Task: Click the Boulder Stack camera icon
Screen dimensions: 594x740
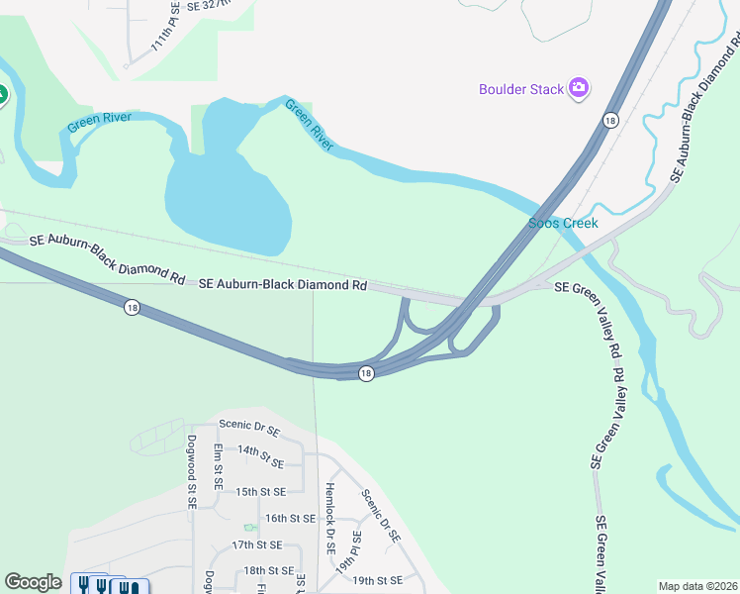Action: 579,89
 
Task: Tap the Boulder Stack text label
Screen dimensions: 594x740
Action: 520,90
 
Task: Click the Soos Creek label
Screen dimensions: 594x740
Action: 563,224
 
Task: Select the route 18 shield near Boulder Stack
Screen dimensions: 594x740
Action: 610,120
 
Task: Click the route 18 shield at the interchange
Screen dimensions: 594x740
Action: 366,373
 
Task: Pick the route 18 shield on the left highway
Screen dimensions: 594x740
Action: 132,308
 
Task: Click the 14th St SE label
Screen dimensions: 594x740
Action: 261,456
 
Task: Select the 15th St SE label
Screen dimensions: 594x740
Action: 260,491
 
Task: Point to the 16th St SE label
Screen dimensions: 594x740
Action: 290,518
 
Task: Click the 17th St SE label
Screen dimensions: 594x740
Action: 256,545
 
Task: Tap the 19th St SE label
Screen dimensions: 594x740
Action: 377,580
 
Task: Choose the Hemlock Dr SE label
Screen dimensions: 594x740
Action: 330,518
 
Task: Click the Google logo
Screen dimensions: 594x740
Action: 33,582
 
